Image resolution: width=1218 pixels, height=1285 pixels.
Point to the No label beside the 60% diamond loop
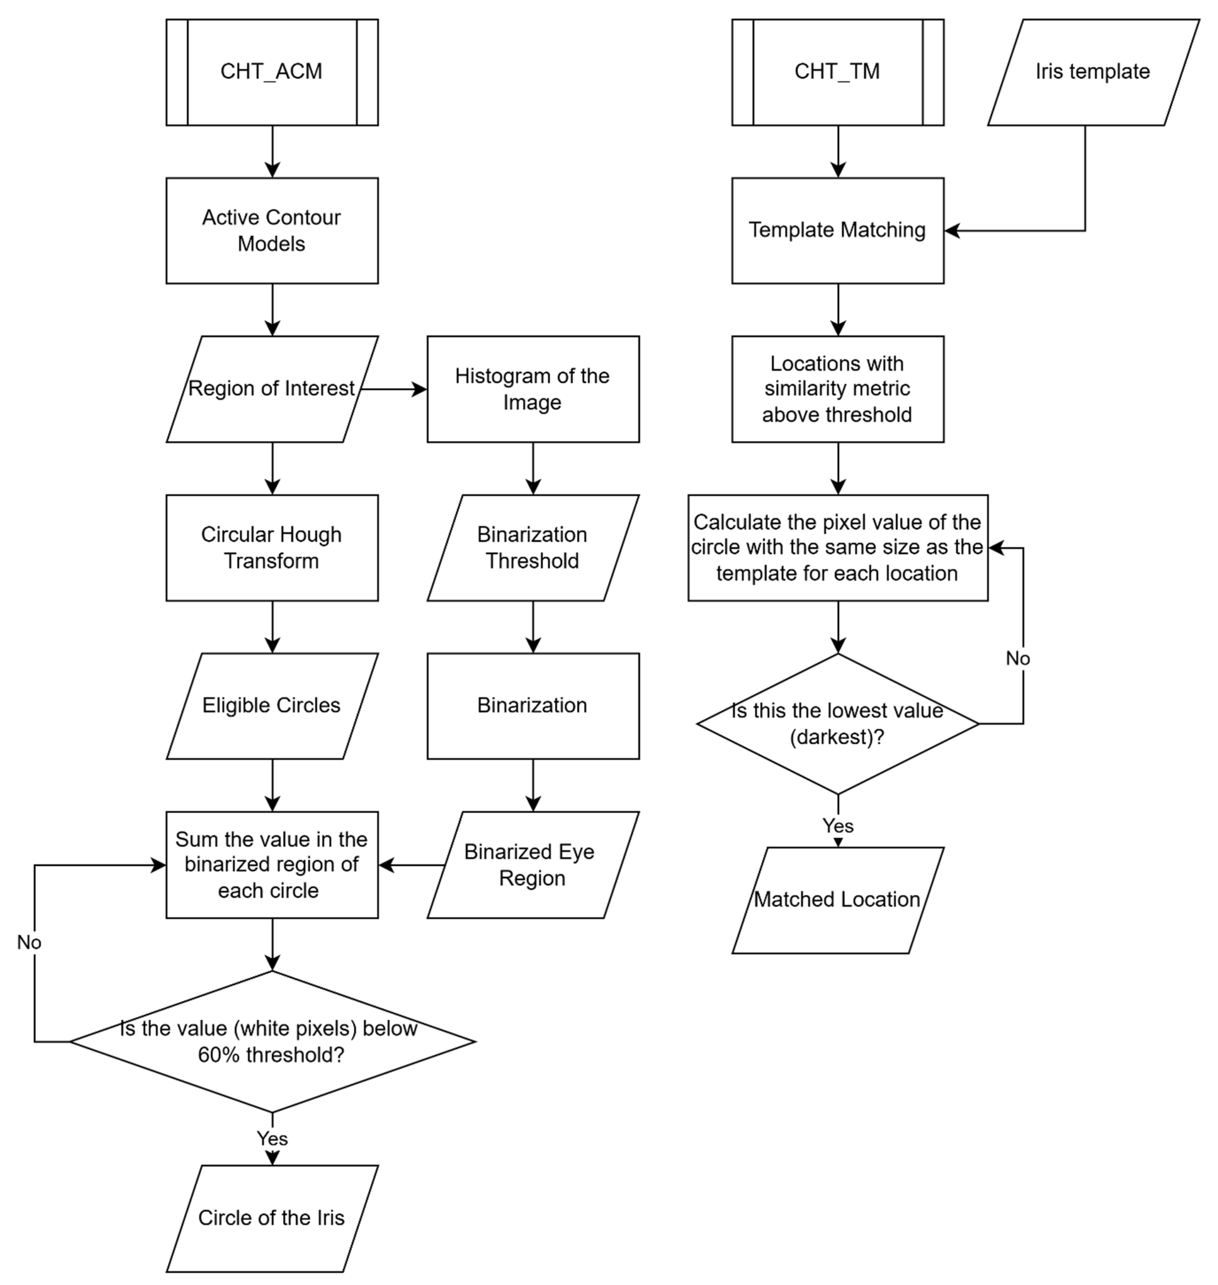(x=29, y=942)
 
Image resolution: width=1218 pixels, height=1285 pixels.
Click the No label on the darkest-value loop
(x=1017, y=659)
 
